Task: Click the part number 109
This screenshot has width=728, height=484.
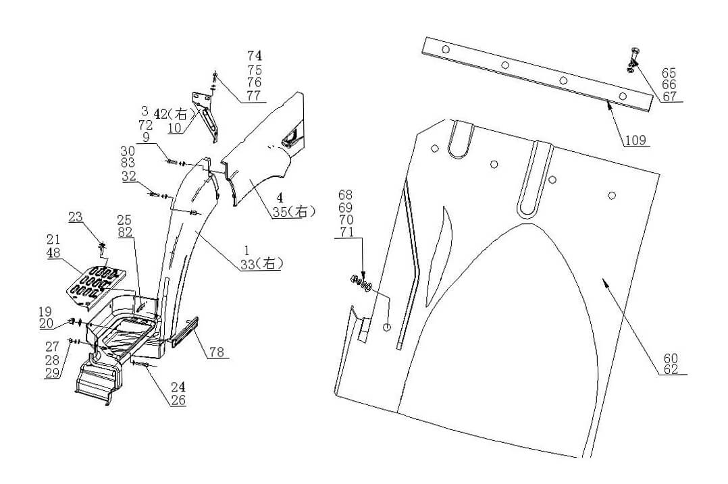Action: [x=635, y=140]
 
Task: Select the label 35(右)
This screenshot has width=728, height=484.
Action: [x=294, y=212]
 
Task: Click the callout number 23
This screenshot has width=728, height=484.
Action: [x=75, y=217]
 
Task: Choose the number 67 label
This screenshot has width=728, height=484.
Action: [x=669, y=97]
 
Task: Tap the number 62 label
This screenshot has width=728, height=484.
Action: [x=670, y=369]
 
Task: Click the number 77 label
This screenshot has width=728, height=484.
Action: [x=254, y=95]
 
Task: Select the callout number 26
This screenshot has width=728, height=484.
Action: [x=178, y=400]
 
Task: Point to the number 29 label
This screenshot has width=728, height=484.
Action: [x=53, y=374]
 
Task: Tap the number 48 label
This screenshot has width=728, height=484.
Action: [x=54, y=253]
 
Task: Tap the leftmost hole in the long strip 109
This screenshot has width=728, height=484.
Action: [x=445, y=50]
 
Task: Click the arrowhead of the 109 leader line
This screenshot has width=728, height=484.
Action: [x=608, y=103]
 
